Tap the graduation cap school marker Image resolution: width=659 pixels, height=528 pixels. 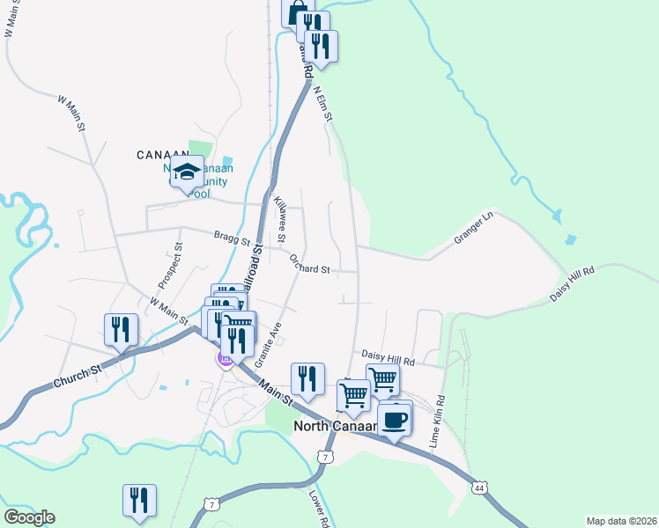pyautogui.click(x=187, y=171)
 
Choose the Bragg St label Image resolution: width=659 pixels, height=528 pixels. pyautogui.click(x=233, y=237)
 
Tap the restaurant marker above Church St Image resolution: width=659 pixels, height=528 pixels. pyautogui.click(x=121, y=329)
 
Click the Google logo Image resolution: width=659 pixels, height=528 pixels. pyautogui.click(x=29, y=517)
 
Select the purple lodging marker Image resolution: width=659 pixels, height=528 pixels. pyautogui.click(x=225, y=358)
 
